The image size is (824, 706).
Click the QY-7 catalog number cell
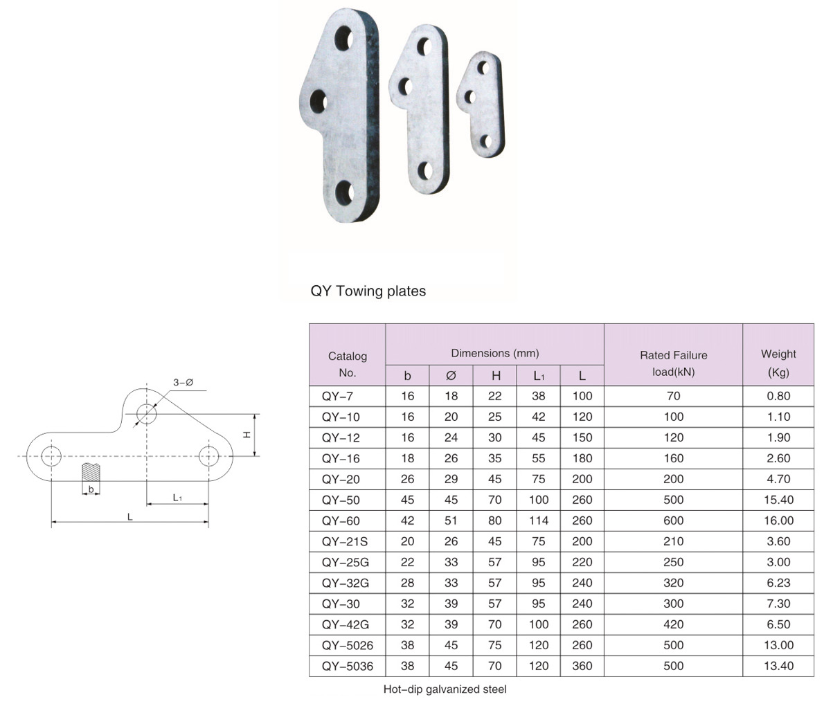(337, 397)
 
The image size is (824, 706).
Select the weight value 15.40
(778, 500)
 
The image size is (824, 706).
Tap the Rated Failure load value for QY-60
(673, 521)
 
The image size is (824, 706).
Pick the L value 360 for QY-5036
(582, 666)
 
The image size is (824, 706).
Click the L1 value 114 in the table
(539, 521)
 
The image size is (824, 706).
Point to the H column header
(496, 376)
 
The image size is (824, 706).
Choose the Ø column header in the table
(451, 376)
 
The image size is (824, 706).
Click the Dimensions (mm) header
(495, 354)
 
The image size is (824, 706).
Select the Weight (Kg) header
(778, 363)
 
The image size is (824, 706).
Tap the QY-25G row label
(346, 563)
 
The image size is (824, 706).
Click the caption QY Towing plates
(368, 291)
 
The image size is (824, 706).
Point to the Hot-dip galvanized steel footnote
(445, 689)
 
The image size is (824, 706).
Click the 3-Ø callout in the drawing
(183, 382)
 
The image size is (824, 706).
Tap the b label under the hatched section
(91, 489)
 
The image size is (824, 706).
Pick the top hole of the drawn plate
(146, 413)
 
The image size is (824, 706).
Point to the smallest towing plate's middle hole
(470, 97)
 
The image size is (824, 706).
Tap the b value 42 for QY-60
(407, 521)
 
